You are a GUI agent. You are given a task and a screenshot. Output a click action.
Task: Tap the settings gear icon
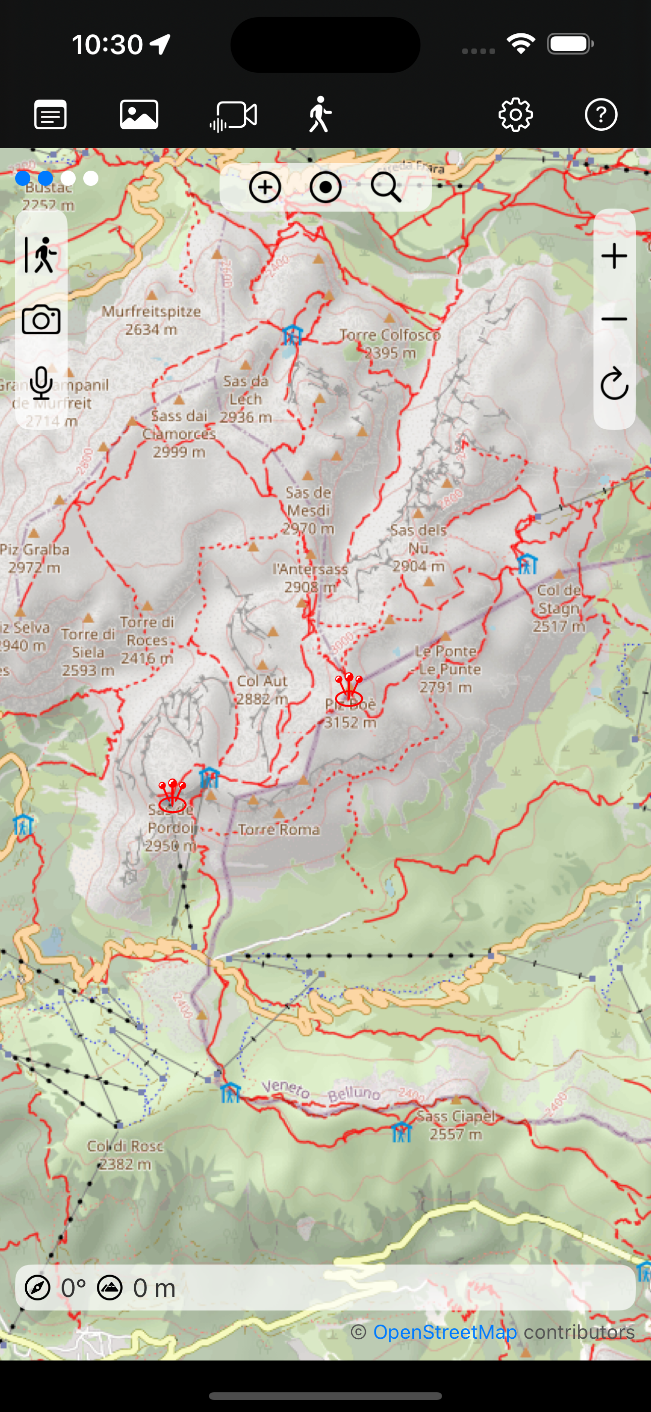pos(516,115)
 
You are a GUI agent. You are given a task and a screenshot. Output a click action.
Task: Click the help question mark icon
pos(601,115)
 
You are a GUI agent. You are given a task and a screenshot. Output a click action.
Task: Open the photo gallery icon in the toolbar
pos(139,115)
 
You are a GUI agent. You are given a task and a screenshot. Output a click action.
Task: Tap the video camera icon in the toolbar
pos(234,116)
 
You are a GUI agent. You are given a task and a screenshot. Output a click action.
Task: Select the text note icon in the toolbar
pos(50,115)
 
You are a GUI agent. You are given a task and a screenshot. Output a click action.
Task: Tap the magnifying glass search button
pos(386,187)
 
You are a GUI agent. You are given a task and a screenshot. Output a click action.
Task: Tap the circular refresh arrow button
pos(614,383)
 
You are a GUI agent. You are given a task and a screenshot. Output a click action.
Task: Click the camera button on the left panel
pos(41,320)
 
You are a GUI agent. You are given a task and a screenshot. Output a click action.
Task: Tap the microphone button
pos(41,383)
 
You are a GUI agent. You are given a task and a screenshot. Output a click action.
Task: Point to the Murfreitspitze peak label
pos(151,320)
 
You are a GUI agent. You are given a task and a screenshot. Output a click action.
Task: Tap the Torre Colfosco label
pos(390,343)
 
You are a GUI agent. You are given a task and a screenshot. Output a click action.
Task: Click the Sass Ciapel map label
pos(456,1125)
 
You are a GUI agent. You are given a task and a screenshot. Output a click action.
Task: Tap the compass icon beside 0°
pos(38,1288)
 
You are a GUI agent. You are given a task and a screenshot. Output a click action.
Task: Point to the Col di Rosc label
pos(126,1154)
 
